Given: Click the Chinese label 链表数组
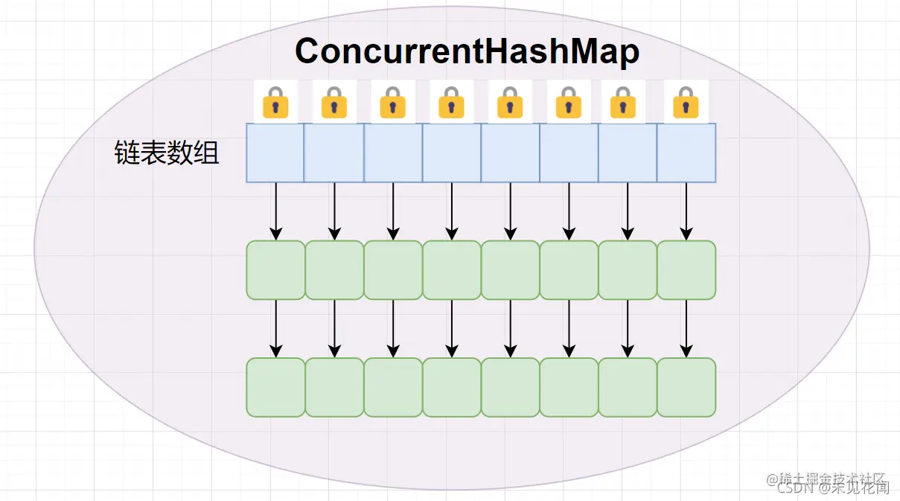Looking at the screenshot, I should (167, 153).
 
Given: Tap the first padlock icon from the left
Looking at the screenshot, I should (275, 102).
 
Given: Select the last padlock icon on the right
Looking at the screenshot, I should (686, 102).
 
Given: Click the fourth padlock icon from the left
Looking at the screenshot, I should (451, 102).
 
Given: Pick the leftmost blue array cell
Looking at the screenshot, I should (275, 153).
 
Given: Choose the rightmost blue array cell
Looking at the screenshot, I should (686, 153).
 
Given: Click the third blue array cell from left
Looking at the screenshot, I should (393, 153).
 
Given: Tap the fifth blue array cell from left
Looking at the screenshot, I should (511, 153).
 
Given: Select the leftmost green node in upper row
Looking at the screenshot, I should (275, 270).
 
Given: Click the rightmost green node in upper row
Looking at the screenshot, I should (686, 270).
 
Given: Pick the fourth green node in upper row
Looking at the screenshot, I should (452, 270).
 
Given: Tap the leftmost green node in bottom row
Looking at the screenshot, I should (275, 387).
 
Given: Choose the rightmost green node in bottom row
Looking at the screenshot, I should (686, 387).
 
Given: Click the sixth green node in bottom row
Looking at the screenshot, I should (569, 387).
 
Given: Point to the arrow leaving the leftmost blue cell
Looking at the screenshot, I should (276, 211).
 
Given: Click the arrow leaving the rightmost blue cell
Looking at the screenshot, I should (686, 211).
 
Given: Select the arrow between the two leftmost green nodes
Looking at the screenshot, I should (276, 328).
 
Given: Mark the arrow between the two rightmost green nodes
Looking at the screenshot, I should (686, 328).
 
